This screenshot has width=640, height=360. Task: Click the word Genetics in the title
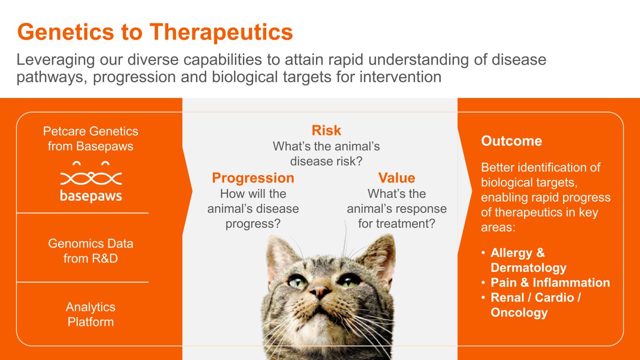point(66,32)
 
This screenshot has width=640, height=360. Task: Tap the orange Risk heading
point(326,130)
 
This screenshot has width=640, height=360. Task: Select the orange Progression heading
point(253,178)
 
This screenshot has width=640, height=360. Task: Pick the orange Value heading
point(397,178)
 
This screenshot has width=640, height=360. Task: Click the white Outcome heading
point(512,141)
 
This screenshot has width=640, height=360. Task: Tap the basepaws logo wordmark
point(91,196)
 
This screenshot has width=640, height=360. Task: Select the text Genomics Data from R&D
point(90,251)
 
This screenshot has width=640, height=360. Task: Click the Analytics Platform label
point(90,314)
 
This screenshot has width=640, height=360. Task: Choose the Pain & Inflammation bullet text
point(550,283)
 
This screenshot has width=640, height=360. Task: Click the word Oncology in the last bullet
point(519,313)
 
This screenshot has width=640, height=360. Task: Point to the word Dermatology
point(528,268)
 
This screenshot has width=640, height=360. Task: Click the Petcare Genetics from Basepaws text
point(90,139)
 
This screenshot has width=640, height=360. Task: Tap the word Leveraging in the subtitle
point(55,60)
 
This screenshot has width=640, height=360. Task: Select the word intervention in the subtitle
point(400,77)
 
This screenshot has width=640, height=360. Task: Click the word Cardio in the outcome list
point(554,298)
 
